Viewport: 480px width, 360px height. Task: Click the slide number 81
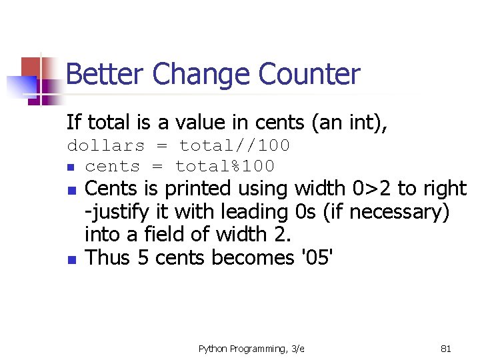(446, 348)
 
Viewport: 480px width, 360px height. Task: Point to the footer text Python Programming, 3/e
(251, 348)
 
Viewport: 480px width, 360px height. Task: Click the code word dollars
(106, 145)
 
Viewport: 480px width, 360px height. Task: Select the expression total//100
(235, 145)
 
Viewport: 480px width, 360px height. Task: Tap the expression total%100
(225, 166)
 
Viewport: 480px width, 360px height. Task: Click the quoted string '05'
(313, 257)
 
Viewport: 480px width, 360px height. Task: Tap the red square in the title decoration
(31, 67)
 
